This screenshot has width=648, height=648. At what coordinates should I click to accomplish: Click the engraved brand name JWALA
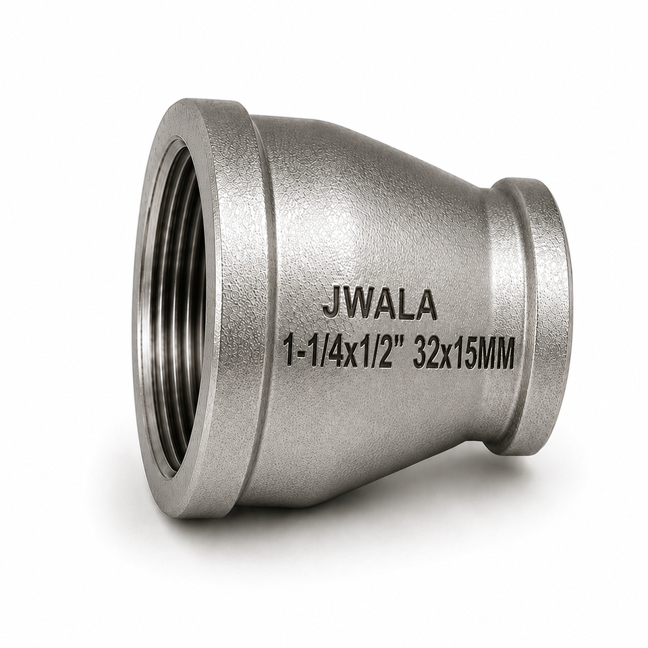click(379, 304)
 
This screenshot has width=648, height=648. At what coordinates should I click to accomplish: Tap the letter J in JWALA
click(331, 304)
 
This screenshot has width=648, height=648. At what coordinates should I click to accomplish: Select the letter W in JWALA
click(358, 304)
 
